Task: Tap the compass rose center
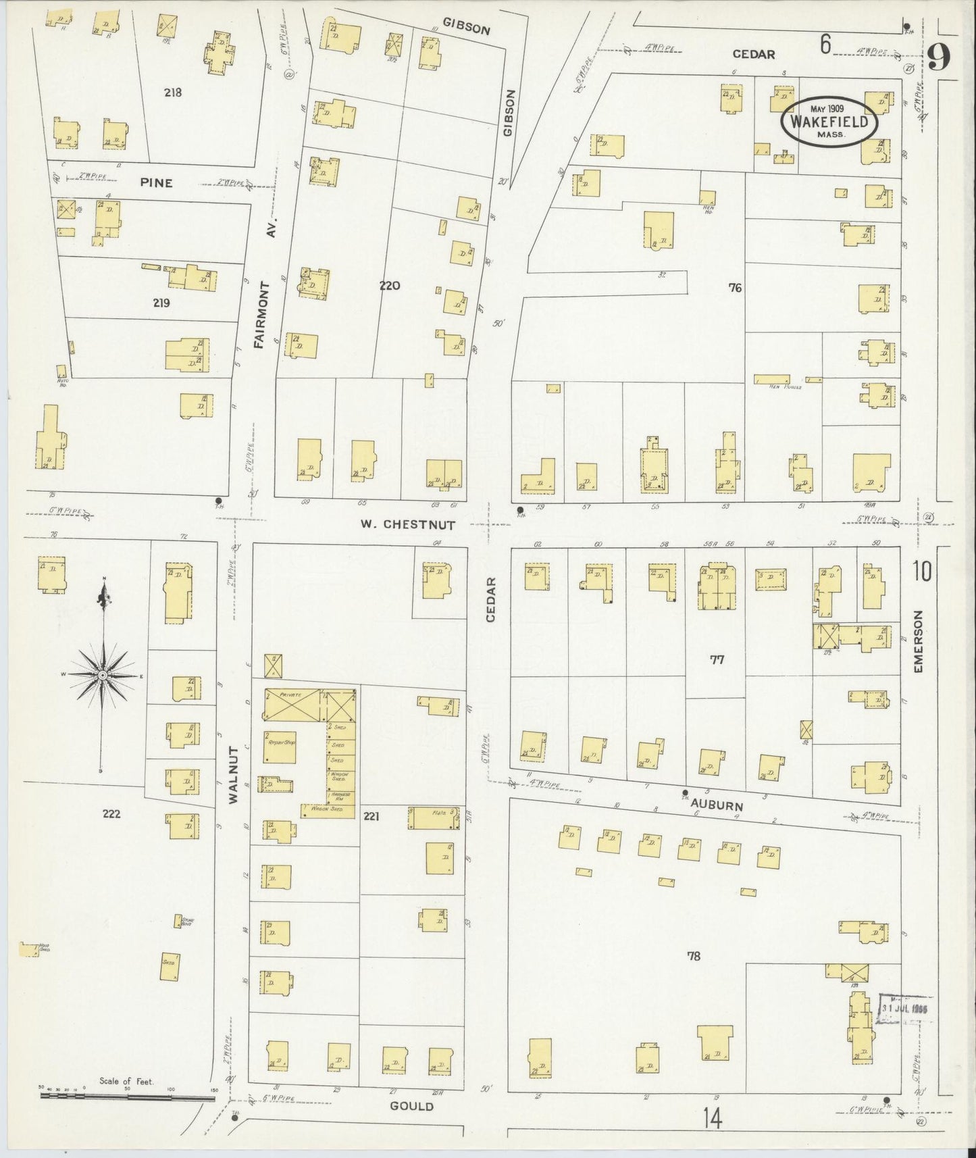(x=102, y=675)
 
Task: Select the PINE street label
(x=157, y=182)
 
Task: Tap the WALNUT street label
(x=234, y=775)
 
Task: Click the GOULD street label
(x=411, y=1106)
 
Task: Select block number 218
(x=173, y=93)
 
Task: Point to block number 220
(x=390, y=286)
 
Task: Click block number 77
(x=717, y=660)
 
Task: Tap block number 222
(x=111, y=813)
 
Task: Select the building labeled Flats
(x=437, y=817)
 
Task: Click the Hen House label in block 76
(x=784, y=386)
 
